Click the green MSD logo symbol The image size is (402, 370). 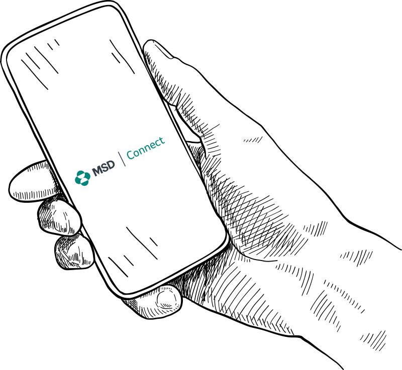tap(82, 178)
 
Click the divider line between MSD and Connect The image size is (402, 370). tap(122, 159)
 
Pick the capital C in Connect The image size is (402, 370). tap(131, 155)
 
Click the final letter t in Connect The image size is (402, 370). tap(161, 141)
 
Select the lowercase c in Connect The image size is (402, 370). tap(157, 144)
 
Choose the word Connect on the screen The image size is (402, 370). tap(146, 148)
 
